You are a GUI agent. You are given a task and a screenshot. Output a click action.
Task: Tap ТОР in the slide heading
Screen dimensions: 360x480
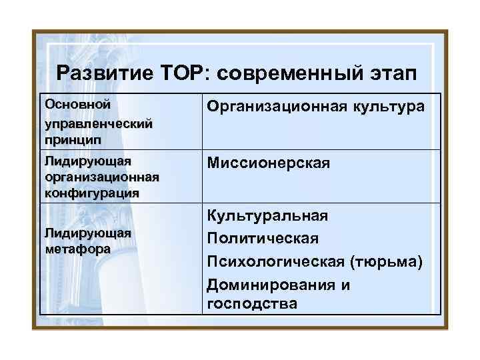(182, 73)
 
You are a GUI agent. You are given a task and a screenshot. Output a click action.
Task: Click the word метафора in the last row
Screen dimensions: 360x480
(77, 247)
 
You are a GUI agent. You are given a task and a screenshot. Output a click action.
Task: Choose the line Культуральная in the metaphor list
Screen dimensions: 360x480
(267, 216)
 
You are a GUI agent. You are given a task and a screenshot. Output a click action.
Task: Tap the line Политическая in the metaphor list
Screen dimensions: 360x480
(263, 238)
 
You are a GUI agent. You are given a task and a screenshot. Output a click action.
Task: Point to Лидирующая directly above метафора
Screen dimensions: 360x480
(87, 233)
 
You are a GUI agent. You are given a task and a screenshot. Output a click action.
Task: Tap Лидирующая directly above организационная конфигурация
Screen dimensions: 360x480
(87, 161)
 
